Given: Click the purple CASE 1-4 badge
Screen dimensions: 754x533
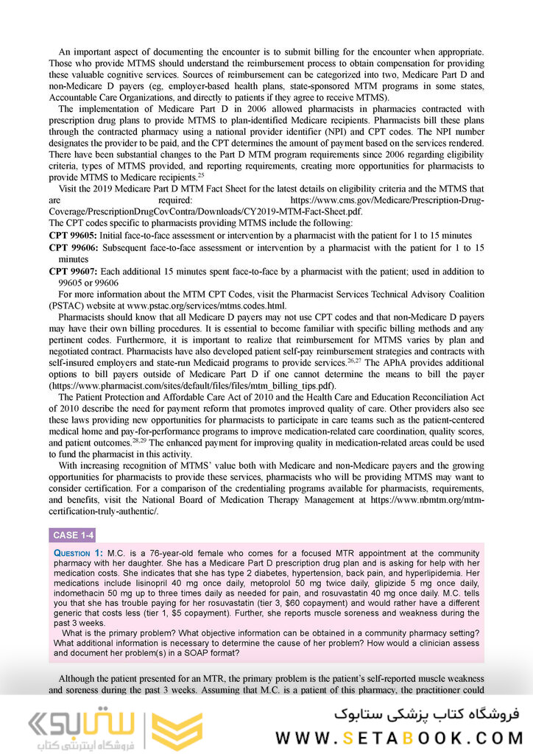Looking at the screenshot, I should (73, 535).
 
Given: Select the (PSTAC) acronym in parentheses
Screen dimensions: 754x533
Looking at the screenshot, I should (70, 306).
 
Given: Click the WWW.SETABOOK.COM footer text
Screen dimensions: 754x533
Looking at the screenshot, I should (398, 737).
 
